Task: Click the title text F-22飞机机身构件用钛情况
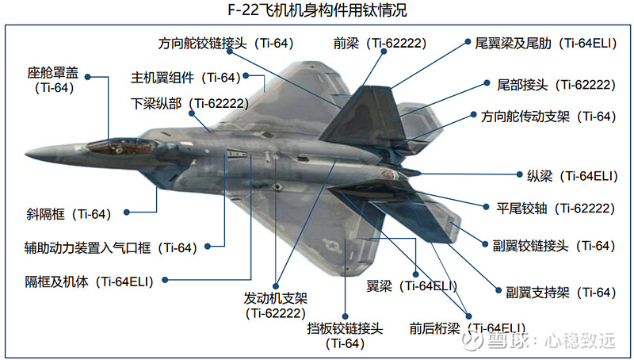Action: pos(317,10)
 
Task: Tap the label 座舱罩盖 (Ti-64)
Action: pos(54,80)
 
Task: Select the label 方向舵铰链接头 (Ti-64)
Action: pos(226,44)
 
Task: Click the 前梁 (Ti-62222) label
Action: pos(380,44)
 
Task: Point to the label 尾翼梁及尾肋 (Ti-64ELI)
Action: pos(546,44)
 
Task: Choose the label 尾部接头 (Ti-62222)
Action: pos(556,85)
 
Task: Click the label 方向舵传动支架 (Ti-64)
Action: pos(548,117)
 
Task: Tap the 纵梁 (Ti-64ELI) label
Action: pos(572,176)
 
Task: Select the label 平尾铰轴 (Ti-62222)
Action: pos(556,209)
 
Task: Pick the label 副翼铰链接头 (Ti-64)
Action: pos(554,246)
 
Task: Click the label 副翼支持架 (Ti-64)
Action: pos(561,292)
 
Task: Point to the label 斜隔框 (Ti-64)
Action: pos(69,214)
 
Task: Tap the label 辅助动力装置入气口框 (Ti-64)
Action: pos(111,247)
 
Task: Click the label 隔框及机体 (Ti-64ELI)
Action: pos(90,281)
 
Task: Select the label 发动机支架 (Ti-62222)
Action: pos(275,306)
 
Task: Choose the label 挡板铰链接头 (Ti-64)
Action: pos(345,335)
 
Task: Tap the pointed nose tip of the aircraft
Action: pos(26,154)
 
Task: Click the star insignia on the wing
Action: pos(331,245)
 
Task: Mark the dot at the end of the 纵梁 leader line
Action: pos(520,174)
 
